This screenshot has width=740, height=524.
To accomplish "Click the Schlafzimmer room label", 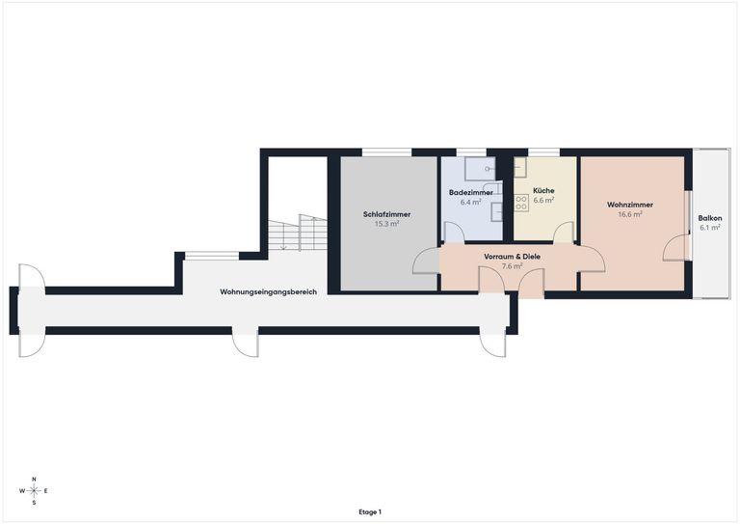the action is (x=386, y=214).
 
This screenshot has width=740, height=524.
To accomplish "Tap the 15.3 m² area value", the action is (x=386, y=224).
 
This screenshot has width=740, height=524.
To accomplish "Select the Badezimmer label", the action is (x=470, y=193).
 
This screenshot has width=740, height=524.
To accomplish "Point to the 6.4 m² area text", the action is (x=470, y=203).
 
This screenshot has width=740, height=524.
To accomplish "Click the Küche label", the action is (x=543, y=190).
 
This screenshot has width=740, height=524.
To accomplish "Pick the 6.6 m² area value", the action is (x=543, y=200).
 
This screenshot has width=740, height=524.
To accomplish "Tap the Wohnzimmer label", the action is (x=630, y=205).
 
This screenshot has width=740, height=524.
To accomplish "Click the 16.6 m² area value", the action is (x=630, y=214).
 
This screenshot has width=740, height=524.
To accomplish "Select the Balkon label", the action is (x=710, y=218).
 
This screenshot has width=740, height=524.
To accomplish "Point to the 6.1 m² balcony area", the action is (x=710, y=228).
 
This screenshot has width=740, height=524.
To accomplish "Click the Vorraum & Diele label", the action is (x=512, y=257).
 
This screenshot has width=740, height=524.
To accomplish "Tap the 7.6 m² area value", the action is (x=512, y=266).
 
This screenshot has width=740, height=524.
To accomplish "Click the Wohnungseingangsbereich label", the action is (x=268, y=292).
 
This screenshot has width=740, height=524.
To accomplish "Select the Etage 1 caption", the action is (x=370, y=511).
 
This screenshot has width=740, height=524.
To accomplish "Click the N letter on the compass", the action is (x=34, y=479).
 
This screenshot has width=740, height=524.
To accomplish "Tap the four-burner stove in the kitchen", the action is (x=521, y=203).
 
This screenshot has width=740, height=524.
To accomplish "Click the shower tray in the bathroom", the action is (x=481, y=169).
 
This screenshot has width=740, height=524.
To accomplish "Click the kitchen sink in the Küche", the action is (x=520, y=167).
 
